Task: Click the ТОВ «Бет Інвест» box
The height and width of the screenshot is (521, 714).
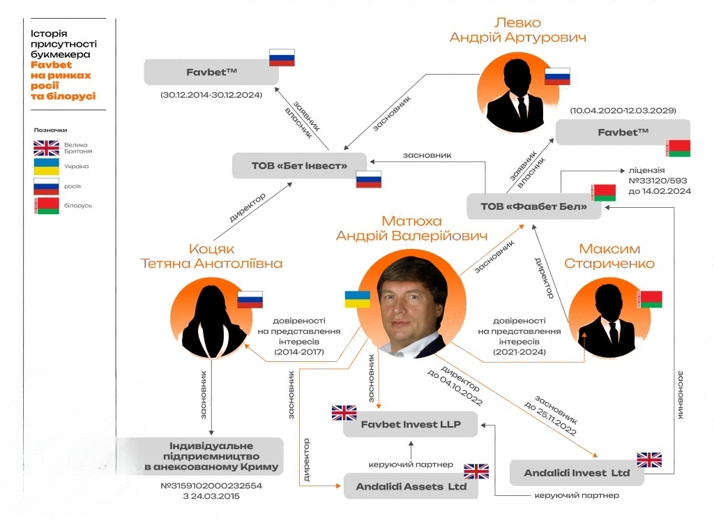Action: [x=299, y=166]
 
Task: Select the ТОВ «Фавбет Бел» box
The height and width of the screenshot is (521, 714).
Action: [x=533, y=206]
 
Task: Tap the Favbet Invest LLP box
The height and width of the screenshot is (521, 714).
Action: [x=410, y=425]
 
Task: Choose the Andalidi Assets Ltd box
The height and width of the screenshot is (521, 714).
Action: [x=411, y=486]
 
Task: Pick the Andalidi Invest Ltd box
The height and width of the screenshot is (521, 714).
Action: [x=577, y=473]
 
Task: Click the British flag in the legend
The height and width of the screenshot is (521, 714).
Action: [x=47, y=148]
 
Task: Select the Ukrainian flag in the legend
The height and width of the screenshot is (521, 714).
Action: [x=47, y=167]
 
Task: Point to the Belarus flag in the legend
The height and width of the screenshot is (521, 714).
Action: [x=47, y=206]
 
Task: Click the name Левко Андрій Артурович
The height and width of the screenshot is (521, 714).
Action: [x=518, y=30]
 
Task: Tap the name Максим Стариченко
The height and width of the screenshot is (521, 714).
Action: [x=609, y=256]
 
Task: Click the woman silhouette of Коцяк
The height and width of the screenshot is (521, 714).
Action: [x=211, y=322]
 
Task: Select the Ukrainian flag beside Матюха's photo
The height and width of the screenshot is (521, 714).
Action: [x=358, y=299]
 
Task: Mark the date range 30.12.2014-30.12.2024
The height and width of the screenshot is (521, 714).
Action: [x=211, y=95]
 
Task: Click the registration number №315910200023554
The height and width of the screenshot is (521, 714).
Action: [x=211, y=485]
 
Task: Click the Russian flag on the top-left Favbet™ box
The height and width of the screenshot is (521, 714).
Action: [x=282, y=58]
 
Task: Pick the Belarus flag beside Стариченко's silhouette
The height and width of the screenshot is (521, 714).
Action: [x=649, y=299]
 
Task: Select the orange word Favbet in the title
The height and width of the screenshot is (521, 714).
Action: [x=51, y=65]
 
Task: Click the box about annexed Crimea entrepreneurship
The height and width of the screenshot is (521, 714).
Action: [x=200, y=456]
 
